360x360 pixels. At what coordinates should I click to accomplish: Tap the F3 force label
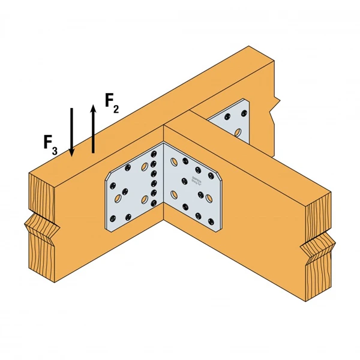click(50, 143)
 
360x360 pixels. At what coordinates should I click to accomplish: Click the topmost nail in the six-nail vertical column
click(154, 153)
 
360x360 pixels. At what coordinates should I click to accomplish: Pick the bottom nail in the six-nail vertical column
click(154, 203)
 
